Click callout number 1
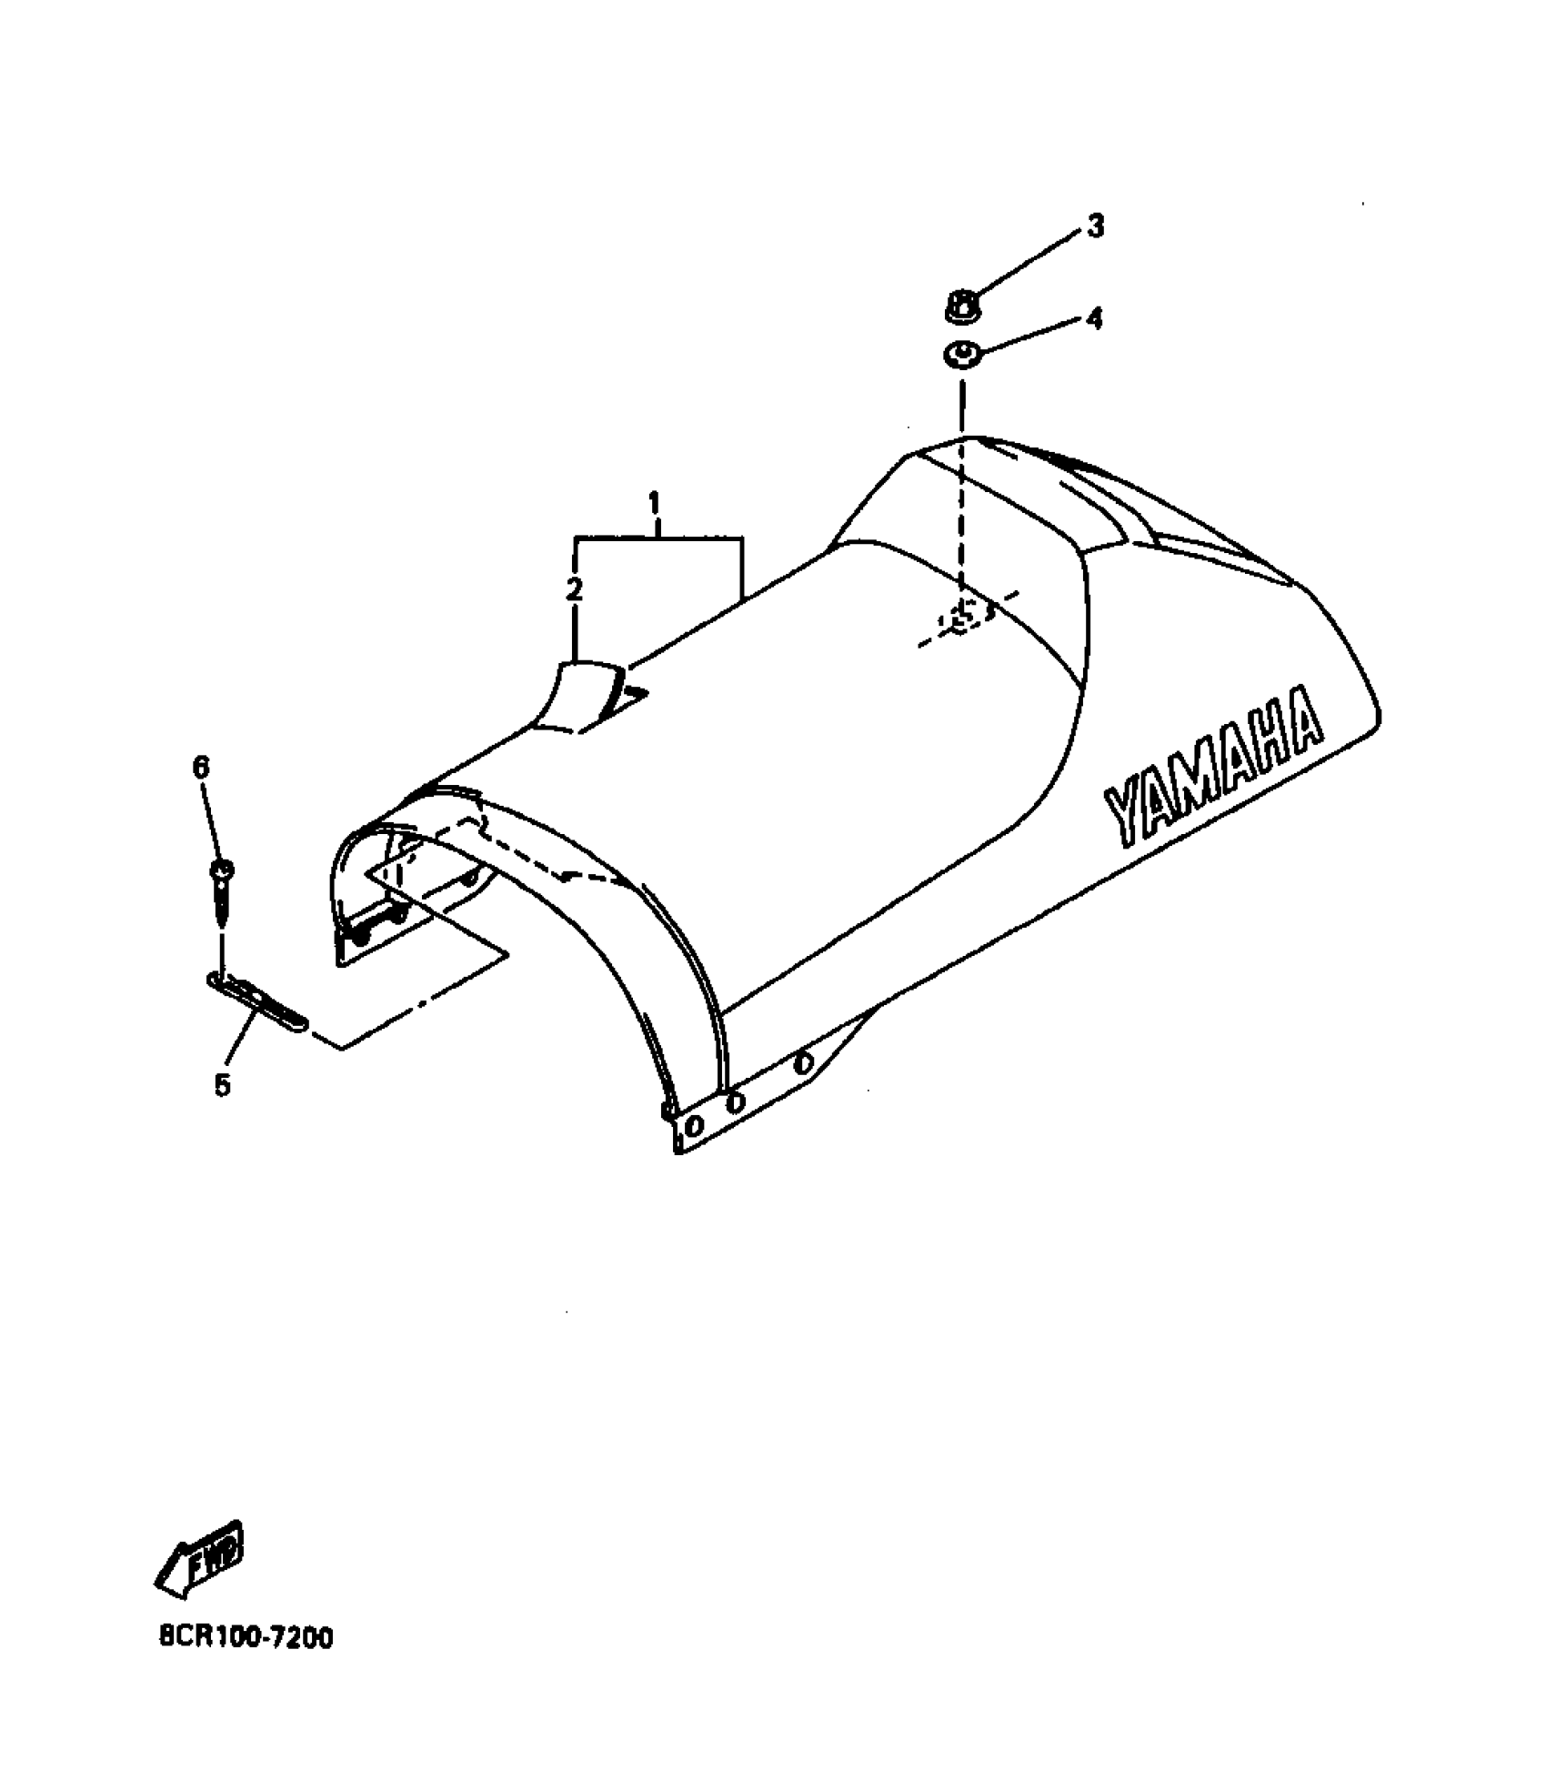pos(655,502)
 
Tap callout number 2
pos(574,590)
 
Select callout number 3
pos(1096,226)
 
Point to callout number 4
pos(1094,318)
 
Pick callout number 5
pos(223,1084)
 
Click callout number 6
pos(200,768)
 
